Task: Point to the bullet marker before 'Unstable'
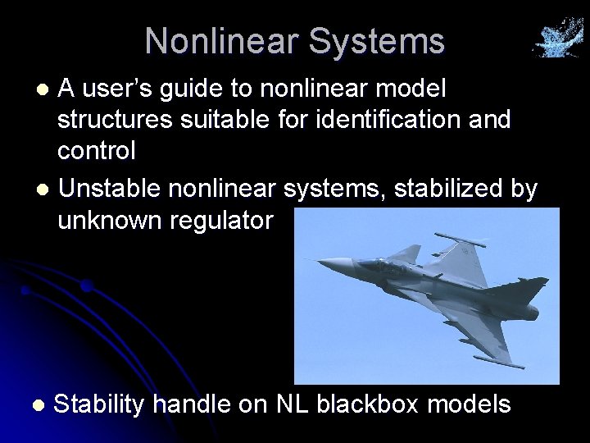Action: pos(47,190)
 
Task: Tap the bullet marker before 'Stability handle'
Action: pos(38,405)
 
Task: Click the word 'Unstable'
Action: pos(111,190)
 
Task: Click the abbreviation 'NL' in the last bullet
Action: pos(293,404)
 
